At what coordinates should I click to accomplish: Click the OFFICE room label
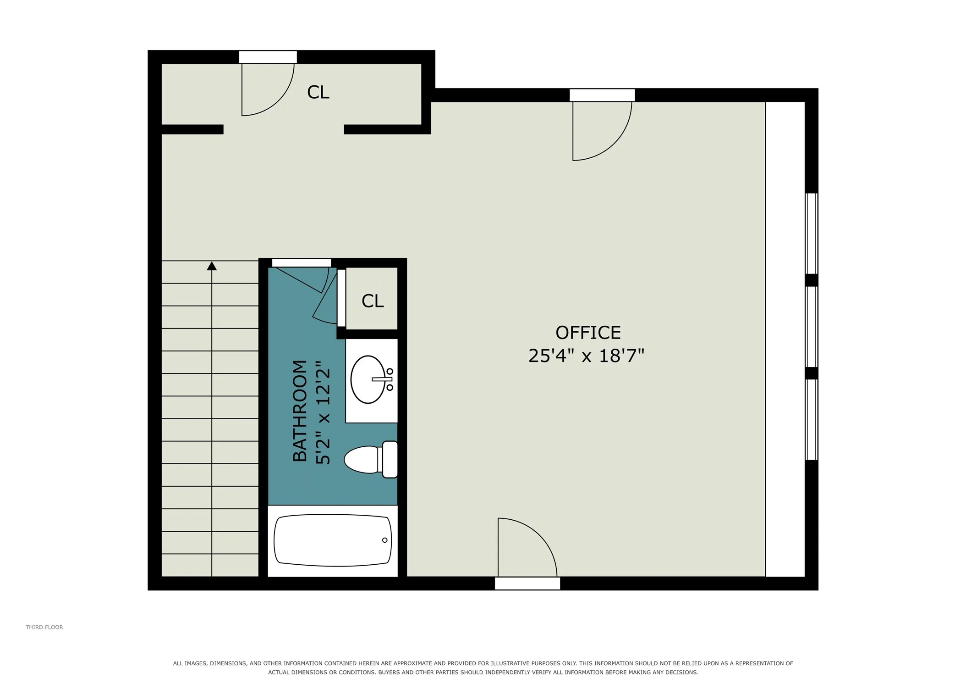point(588,333)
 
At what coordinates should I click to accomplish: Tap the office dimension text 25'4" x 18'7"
point(587,356)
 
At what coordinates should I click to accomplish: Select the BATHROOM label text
point(300,411)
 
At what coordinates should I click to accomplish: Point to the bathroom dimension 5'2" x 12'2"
point(323,412)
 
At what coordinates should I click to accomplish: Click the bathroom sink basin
point(368,379)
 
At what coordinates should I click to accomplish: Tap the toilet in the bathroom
point(371,459)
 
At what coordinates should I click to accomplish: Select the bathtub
point(333,540)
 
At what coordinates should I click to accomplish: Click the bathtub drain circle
point(384,540)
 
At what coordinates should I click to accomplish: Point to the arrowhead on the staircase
point(212,266)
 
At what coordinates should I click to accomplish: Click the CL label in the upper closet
point(318,92)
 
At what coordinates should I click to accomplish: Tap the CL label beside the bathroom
point(373,301)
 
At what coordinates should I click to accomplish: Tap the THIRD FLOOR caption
point(44,627)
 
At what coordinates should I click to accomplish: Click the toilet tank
point(390,459)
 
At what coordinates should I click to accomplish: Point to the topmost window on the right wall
point(812,234)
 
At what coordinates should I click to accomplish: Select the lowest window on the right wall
point(812,419)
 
